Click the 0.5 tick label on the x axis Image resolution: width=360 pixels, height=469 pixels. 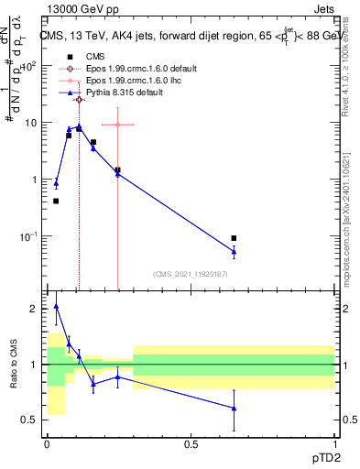click(x=191, y=443)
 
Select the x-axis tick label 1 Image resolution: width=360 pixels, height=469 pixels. click(x=334, y=443)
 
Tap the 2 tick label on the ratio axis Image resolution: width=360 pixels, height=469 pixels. click(x=34, y=309)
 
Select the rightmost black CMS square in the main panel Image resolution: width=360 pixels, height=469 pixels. click(x=234, y=238)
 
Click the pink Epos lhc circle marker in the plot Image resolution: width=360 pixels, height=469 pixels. click(x=117, y=125)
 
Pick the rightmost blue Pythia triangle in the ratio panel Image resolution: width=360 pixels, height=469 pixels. click(x=234, y=409)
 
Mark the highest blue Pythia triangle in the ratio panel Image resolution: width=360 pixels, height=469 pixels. click(x=56, y=307)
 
